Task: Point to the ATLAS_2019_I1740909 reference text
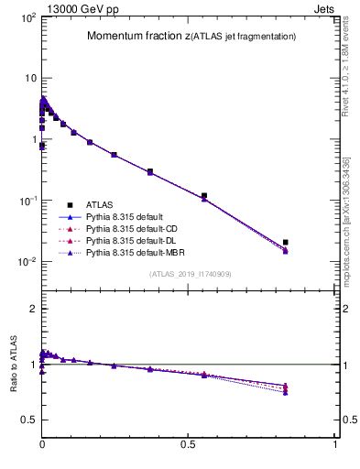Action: (190, 274)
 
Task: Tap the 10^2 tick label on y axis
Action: (27, 18)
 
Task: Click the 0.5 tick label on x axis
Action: (189, 442)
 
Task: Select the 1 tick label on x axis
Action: (335, 442)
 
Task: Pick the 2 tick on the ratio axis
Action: (32, 310)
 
